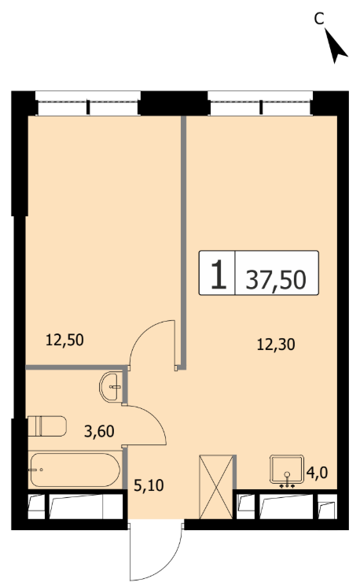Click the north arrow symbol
(x=336, y=46)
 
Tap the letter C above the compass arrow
(x=318, y=18)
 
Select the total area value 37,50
(x=276, y=279)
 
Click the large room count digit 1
(x=219, y=275)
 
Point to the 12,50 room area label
(x=64, y=340)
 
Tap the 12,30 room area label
(x=276, y=345)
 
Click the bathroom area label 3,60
(x=99, y=431)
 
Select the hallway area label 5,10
(x=149, y=485)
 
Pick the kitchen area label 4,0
(x=317, y=473)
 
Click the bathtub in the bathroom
(x=75, y=470)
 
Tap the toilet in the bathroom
(x=47, y=426)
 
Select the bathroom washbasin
(x=111, y=387)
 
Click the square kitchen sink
(x=286, y=469)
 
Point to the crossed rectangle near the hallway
(x=217, y=487)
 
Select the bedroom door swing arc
(x=142, y=334)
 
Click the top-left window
(x=88, y=103)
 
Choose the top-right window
(x=260, y=103)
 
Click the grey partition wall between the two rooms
(x=183, y=242)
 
